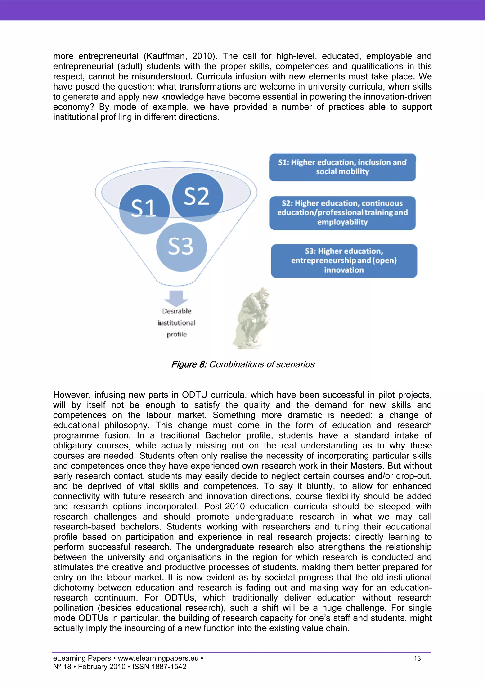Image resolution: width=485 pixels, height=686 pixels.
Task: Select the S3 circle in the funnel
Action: pyautogui.click(x=181, y=247)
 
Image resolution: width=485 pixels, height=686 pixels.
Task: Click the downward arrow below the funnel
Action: pyautogui.click(x=176, y=298)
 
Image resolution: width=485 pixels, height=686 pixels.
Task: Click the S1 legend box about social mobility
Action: pyautogui.click(x=342, y=167)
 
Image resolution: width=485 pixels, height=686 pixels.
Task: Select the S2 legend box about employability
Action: pyautogui.click(x=342, y=213)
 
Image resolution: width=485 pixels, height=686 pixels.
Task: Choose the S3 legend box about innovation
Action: pyautogui.click(x=344, y=260)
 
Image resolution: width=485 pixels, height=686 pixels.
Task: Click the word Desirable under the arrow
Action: pyautogui.click(x=177, y=311)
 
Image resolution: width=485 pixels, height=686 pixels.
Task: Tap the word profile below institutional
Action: pyautogui.click(x=177, y=334)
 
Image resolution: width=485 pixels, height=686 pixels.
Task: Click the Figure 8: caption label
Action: pyautogui.click(x=189, y=364)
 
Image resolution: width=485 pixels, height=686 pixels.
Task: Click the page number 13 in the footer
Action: pyautogui.click(x=417, y=658)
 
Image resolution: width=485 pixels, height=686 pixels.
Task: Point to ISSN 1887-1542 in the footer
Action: pyautogui.click(x=159, y=667)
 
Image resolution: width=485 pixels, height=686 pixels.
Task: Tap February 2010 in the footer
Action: pyautogui.click(x=102, y=667)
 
